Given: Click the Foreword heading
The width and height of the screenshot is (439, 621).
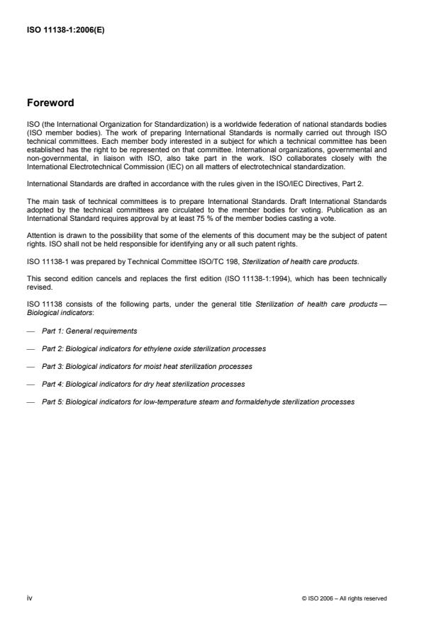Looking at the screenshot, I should point(50,103).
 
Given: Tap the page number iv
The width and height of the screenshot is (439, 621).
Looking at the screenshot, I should point(29,598).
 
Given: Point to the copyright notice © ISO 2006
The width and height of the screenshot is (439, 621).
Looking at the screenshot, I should point(344,599).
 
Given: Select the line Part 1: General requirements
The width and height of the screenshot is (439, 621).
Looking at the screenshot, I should point(89,331).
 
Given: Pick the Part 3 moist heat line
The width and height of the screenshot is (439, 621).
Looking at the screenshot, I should point(147,366).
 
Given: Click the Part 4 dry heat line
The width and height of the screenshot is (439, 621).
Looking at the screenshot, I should point(143,384).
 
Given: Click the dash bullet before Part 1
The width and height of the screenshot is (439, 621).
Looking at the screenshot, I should point(30,331).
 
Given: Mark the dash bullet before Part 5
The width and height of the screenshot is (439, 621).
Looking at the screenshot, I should point(30,401).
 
